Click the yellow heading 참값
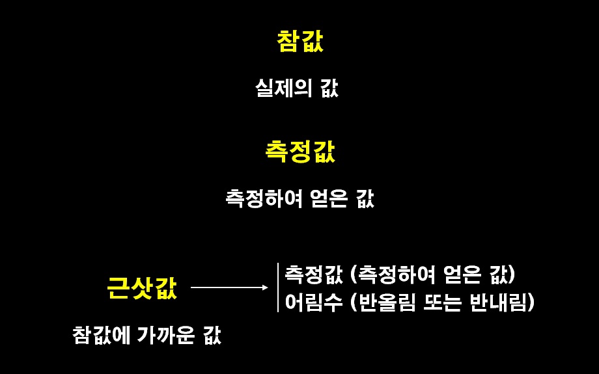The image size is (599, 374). [x=299, y=42]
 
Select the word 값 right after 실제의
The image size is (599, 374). [x=329, y=88]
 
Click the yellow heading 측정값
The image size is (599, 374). [x=299, y=152]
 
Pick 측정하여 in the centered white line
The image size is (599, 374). [x=263, y=198]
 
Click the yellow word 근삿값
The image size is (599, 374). [x=141, y=287]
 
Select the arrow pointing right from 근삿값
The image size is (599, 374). [x=229, y=287]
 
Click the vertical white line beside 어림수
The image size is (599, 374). [x=278, y=287]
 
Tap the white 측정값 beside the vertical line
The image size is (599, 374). [x=314, y=274]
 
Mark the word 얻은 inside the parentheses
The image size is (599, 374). [x=461, y=274]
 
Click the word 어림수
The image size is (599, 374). [x=314, y=302]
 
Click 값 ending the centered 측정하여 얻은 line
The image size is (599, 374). [x=365, y=198]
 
